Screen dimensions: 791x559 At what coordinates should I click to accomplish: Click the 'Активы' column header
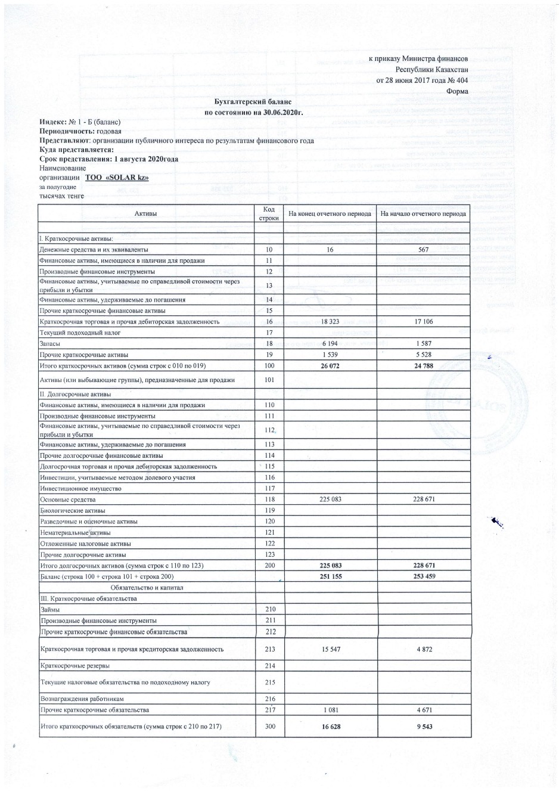146,213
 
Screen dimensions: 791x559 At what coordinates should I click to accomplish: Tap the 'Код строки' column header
269,213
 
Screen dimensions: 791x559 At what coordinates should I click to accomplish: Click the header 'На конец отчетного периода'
330,213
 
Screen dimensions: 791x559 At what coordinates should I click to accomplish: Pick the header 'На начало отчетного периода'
423,213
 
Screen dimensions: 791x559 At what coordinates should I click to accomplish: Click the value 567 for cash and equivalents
423,250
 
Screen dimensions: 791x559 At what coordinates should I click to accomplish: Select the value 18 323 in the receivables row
330,321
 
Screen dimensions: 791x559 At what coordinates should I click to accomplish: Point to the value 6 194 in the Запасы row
330,343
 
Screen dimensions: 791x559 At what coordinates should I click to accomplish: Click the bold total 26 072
330,365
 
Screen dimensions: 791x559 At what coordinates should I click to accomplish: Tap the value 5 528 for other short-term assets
423,354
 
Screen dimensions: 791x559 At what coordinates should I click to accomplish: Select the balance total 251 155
331,576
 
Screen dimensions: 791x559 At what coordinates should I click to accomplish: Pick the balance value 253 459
423,576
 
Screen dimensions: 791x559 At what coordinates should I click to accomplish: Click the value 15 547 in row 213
331,649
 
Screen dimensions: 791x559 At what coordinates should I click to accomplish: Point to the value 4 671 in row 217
423,710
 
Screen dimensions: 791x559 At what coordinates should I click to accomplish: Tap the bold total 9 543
423,727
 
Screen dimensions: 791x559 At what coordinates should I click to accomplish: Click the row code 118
269,500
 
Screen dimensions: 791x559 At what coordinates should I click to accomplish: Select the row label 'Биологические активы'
72,510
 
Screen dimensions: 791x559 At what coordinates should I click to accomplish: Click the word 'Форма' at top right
457,91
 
